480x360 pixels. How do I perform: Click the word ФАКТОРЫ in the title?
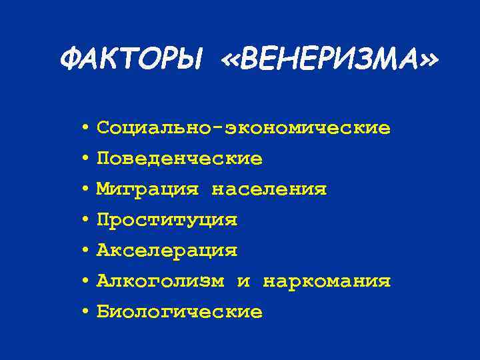(x=130, y=61)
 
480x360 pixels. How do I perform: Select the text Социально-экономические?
(x=243, y=127)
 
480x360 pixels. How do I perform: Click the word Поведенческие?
(x=179, y=159)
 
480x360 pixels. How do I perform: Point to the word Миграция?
(x=147, y=189)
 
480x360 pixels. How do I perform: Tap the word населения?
(x=269, y=189)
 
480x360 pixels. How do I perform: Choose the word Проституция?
(x=167, y=220)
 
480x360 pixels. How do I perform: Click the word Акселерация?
(x=167, y=251)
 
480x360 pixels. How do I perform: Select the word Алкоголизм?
(x=160, y=281)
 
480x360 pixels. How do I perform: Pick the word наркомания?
(x=327, y=281)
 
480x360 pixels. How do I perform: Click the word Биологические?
(x=179, y=312)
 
